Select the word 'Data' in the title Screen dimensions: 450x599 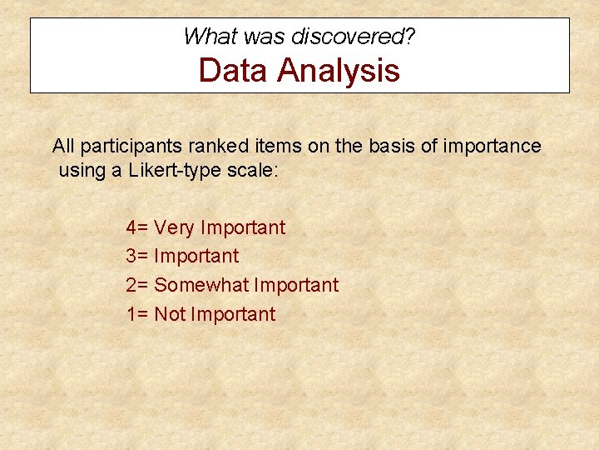233,70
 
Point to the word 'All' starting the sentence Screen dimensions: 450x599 63,147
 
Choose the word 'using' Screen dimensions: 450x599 82,172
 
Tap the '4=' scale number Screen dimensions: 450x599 137,227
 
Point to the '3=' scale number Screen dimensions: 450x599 137,257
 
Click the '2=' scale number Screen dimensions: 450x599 137,285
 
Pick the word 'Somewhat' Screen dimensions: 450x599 201,285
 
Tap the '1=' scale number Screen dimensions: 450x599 137,314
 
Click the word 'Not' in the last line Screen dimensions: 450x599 170,314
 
